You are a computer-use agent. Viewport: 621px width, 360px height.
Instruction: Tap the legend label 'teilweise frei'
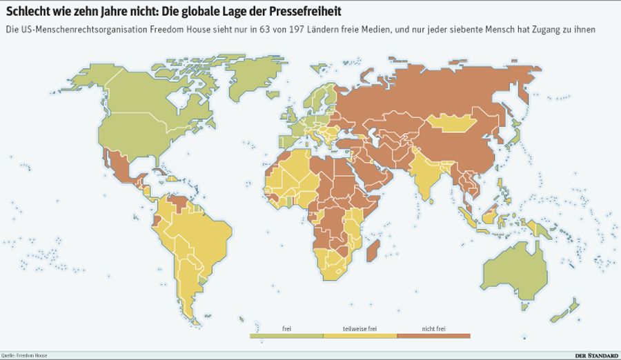click(359, 328)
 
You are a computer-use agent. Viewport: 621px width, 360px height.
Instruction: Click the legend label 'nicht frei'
click(433, 328)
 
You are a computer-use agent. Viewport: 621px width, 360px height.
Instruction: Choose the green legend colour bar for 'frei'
click(286, 336)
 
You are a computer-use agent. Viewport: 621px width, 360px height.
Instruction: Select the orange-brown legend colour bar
click(433, 336)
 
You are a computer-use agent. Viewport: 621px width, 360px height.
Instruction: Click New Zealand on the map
click(572, 308)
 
